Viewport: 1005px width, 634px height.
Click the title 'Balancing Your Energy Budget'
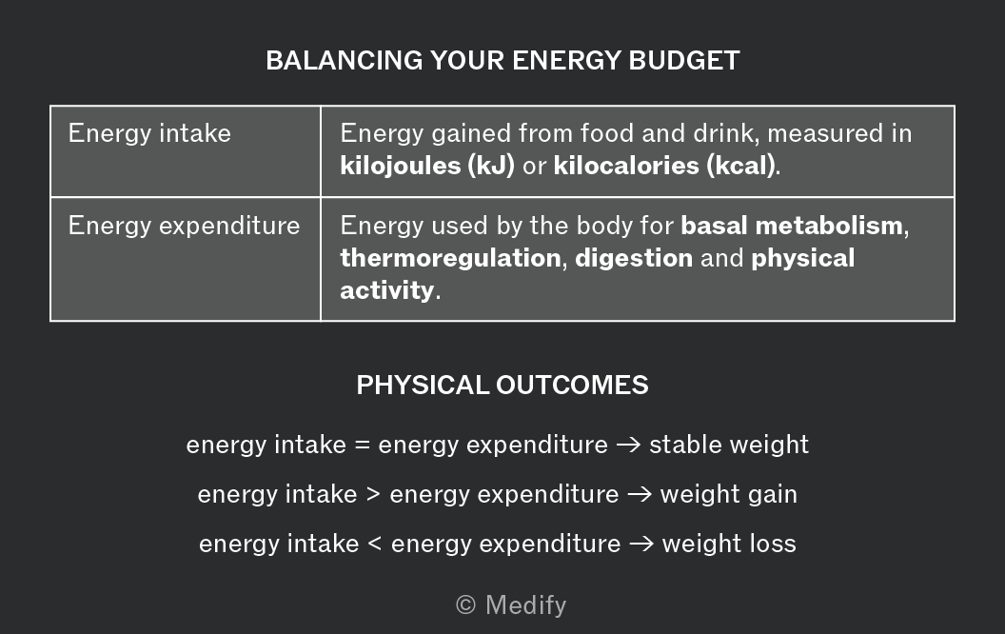click(502, 60)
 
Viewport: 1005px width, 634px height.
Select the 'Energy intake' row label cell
click(186, 151)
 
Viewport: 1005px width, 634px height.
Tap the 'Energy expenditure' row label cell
click(186, 259)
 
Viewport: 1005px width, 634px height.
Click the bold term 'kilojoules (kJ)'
click(427, 166)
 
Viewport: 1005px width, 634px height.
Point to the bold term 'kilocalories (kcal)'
click(664, 166)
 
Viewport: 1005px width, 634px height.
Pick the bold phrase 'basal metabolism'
click(792, 226)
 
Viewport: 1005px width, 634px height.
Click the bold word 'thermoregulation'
click(450, 258)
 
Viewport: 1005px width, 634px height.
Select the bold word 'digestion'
click(634, 258)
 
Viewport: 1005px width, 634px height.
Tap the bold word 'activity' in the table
click(387, 290)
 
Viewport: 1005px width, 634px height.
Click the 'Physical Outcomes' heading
click(502, 386)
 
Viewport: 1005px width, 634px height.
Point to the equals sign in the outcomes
click(363, 445)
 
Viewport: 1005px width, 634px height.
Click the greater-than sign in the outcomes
click(374, 494)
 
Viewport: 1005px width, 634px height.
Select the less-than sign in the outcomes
click(375, 544)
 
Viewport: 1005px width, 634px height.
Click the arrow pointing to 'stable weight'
click(628, 445)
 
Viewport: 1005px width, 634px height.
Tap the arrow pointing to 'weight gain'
click(640, 494)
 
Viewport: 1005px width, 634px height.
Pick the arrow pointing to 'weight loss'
click(641, 544)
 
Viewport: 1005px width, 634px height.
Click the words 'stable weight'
click(729, 445)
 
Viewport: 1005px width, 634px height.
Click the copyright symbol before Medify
click(466, 604)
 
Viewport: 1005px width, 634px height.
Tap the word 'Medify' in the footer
click(526, 605)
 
